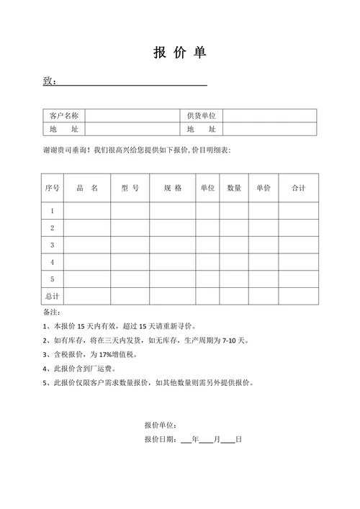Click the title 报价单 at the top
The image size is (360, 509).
[x=179, y=53]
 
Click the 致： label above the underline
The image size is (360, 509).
[x=49, y=81]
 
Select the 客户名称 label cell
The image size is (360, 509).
[x=63, y=116]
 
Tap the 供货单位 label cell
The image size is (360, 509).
[x=201, y=116]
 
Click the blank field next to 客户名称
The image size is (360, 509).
[x=132, y=116]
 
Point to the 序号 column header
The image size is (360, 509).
[x=53, y=188]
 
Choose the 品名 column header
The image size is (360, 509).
[x=87, y=188]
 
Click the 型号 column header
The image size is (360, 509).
[x=130, y=188]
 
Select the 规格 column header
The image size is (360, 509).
[x=173, y=188]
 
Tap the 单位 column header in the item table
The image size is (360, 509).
[x=207, y=188]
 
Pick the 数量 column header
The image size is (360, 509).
[x=234, y=188]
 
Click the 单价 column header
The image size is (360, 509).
[x=264, y=188]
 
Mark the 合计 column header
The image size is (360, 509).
[x=298, y=188]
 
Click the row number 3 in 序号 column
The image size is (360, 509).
[x=53, y=246]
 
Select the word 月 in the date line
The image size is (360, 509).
[x=217, y=439]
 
